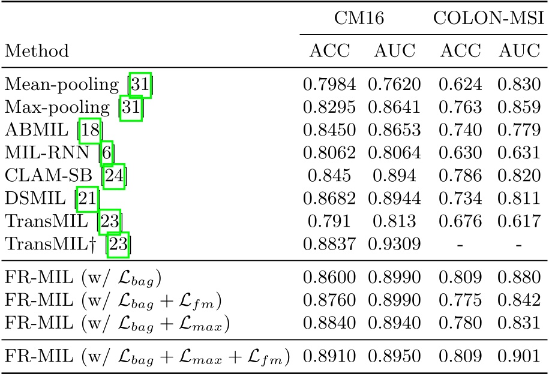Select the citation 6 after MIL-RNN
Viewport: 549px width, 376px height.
point(106,153)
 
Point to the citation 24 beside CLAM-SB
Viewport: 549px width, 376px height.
point(114,176)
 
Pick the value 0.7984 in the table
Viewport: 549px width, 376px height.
point(332,85)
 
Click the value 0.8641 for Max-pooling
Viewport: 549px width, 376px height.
point(394,107)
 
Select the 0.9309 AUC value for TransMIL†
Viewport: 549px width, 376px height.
point(394,243)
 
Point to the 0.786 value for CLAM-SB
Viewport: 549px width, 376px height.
point(460,176)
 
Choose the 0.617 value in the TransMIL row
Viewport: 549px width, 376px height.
point(518,221)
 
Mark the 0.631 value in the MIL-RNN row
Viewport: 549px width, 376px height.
point(518,153)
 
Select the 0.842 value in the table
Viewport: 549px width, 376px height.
point(518,300)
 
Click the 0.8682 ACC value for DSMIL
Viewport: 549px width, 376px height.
point(332,198)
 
